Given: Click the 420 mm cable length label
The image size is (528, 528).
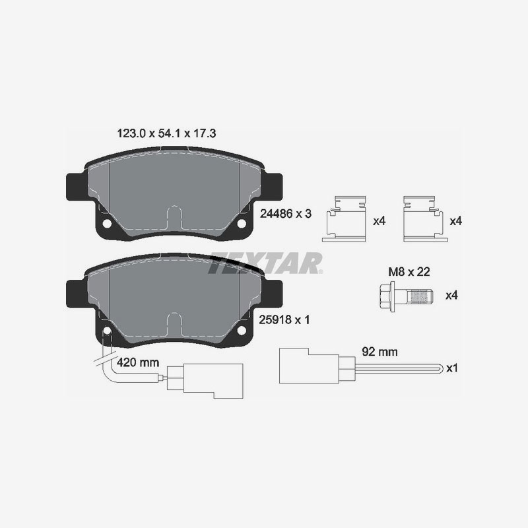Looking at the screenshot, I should [x=138, y=362].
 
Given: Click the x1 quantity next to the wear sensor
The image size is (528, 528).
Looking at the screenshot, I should [x=451, y=368].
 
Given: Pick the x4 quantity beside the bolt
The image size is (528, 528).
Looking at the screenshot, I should [x=451, y=295].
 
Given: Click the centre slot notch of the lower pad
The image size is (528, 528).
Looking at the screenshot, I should [x=175, y=325].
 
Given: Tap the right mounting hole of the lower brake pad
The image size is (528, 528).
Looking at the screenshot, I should [x=241, y=330].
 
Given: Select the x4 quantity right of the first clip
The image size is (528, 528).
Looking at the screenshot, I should [x=378, y=221].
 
